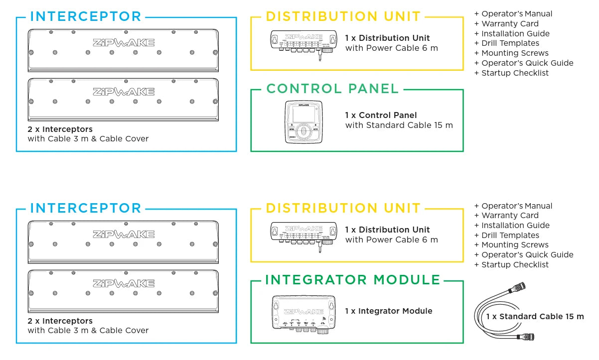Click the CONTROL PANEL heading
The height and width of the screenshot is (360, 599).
pyautogui.click(x=332, y=89)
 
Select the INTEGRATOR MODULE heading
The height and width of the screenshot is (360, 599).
pyautogui.click(x=353, y=280)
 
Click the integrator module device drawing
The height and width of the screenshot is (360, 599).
pyautogui.click(x=303, y=313)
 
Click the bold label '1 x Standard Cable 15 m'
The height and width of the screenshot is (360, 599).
pyautogui.click(x=535, y=317)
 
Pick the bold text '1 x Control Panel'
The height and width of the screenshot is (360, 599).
pyautogui.click(x=381, y=116)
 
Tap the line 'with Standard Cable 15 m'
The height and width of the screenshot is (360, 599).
pyautogui.click(x=399, y=125)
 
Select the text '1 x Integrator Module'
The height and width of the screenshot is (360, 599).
pyautogui.click(x=389, y=311)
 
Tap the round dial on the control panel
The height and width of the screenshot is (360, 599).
pyautogui.click(x=302, y=131)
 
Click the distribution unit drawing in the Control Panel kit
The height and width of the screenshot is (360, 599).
pyautogui.click(x=302, y=44)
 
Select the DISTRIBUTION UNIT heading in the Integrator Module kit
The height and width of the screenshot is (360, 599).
pyautogui.click(x=343, y=208)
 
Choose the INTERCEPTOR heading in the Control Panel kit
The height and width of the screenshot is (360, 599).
pyautogui.click(x=86, y=16)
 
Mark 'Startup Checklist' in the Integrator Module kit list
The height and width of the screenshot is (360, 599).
pyautogui.click(x=515, y=265)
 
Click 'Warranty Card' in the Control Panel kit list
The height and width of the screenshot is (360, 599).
pyautogui.click(x=510, y=24)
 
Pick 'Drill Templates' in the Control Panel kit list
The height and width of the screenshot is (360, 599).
pyautogui.click(x=510, y=43)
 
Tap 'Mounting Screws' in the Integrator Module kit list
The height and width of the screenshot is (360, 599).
pyautogui.click(x=515, y=245)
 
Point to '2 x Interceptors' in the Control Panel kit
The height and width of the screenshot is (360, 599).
pyautogui.click(x=60, y=129)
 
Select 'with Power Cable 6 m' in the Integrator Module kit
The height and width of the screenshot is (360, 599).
pyautogui.click(x=391, y=240)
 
